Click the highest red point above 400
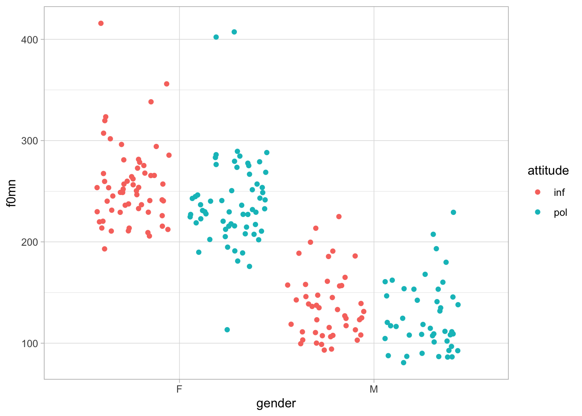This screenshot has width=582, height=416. tap(101, 23)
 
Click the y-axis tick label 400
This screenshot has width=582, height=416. tap(29, 39)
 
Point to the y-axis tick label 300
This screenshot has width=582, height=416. tap(29, 141)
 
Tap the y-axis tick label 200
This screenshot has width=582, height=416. tap(29, 242)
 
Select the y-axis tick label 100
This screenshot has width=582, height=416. tap(29, 343)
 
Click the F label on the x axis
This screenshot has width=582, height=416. tap(179, 389)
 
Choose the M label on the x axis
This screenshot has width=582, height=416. tap(374, 389)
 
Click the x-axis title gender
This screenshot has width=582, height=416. tap(276, 403)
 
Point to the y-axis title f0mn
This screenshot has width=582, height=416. tap(12, 193)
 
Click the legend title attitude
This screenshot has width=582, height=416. tap(548, 171)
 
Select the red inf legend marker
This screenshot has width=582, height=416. tap(538, 192)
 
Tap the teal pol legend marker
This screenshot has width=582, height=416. tap(538, 212)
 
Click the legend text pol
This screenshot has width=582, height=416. tap(560, 212)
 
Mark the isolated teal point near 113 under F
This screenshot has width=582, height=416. tap(227, 330)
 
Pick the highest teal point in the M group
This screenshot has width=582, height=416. tap(453, 212)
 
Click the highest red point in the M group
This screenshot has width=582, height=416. tap(339, 217)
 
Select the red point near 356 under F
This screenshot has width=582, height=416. tap(167, 84)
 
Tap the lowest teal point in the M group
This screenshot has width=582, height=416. tap(404, 363)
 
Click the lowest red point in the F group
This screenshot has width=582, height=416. tap(104, 249)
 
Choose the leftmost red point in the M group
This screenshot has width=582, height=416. tap(288, 285)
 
